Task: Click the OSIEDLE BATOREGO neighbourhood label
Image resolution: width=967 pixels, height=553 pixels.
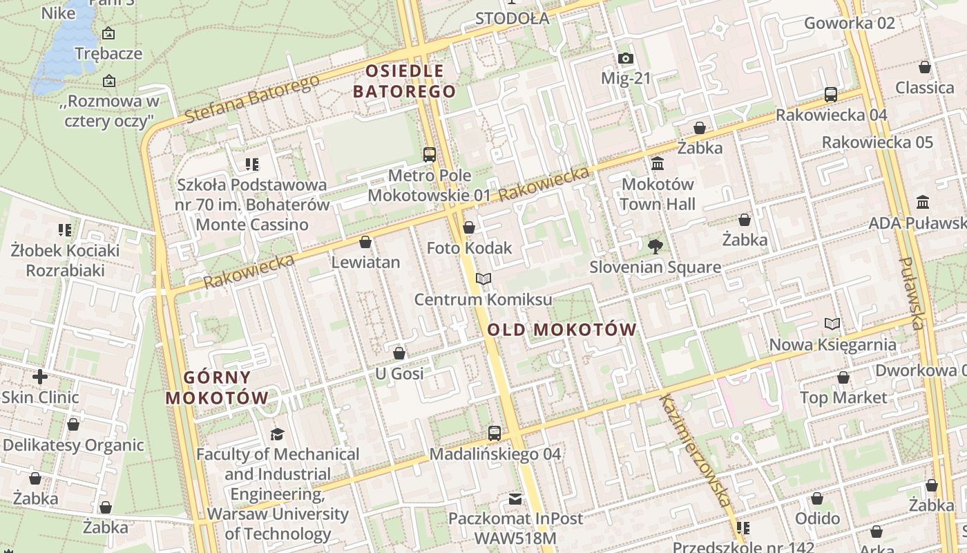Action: coord(405,81)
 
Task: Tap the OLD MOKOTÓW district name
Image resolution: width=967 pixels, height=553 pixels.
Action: coord(562,330)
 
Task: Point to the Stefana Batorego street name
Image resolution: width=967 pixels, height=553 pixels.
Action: coord(252,99)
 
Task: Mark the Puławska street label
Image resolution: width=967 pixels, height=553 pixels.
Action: coord(912,294)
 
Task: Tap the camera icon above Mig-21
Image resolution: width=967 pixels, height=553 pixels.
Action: coord(625,58)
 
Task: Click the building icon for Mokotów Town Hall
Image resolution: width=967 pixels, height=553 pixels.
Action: coord(658,164)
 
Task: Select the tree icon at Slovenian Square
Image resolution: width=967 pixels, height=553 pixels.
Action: coord(655,246)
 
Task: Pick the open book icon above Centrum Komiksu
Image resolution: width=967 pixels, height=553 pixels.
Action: coord(483,279)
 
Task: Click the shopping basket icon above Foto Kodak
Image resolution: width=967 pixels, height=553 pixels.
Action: coord(469,227)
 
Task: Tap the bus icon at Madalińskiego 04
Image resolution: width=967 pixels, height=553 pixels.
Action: coord(495,433)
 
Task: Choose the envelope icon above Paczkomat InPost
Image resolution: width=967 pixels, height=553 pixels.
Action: coord(515,498)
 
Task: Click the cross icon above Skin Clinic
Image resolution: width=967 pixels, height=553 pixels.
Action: coord(40,377)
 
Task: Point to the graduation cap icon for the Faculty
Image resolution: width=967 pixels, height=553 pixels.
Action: coord(277,434)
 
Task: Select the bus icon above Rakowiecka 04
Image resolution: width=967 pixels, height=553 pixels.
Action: coord(831,94)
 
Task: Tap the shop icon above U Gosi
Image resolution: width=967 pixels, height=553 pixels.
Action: coord(399,354)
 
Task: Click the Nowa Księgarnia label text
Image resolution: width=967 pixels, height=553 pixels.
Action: coord(833,344)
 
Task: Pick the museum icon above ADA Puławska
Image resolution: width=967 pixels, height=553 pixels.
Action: coord(923,203)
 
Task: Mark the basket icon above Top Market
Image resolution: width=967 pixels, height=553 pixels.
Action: coord(843,377)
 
